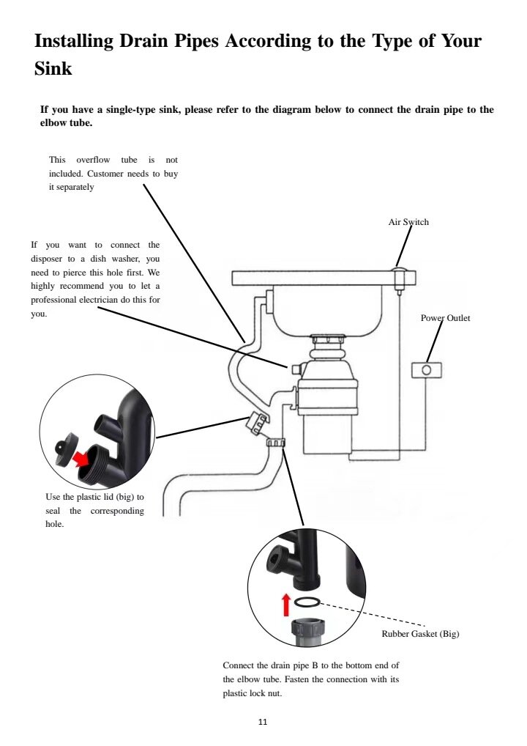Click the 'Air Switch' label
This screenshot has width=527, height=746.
408,221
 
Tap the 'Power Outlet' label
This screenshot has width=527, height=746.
445,318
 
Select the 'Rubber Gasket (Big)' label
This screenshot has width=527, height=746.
420,634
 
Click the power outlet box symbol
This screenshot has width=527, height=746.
427,370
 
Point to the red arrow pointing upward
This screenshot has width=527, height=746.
286,605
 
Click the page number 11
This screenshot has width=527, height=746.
263,722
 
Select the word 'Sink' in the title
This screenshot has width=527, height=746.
53,69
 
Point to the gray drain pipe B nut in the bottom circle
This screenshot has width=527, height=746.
308,631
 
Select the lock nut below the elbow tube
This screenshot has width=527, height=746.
274,442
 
